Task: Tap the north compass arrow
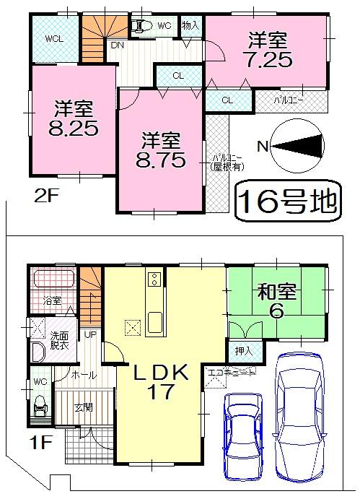[297, 145]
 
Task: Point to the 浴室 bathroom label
[51, 300]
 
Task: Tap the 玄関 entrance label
[84, 408]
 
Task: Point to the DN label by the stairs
[116, 45]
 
